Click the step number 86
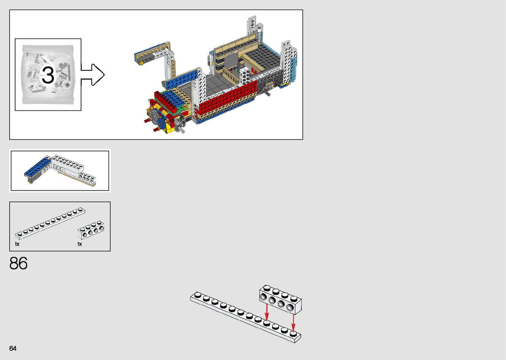tap(19, 263)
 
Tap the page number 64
tap(13, 348)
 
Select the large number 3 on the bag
tap(48, 75)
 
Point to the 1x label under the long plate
tap(17, 244)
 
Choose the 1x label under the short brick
tap(80, 244)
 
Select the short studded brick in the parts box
tap(91, 230)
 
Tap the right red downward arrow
tap(293, 322)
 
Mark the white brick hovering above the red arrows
tap(280, 299)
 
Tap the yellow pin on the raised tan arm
tap(142, 63)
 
